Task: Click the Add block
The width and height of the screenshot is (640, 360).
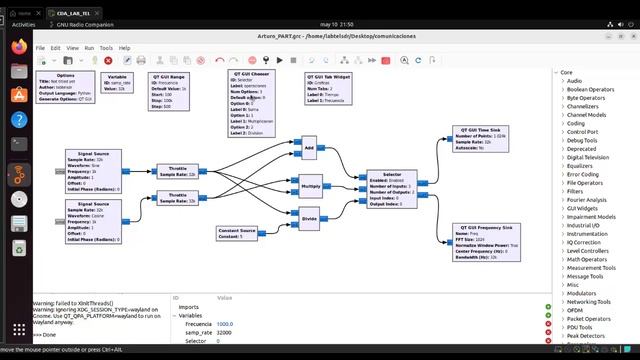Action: [x=309, y=148]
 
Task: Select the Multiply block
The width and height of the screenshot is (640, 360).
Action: [x=311, y=185]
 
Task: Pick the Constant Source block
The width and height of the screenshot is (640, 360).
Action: [x=237, y=233]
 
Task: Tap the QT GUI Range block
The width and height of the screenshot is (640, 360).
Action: [x=171, y=93]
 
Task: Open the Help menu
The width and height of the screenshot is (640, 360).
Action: [x=124, y=48]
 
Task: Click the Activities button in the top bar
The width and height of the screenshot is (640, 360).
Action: [x=23, y=24]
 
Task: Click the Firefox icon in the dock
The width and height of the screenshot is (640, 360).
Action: [x=19, y=45]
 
